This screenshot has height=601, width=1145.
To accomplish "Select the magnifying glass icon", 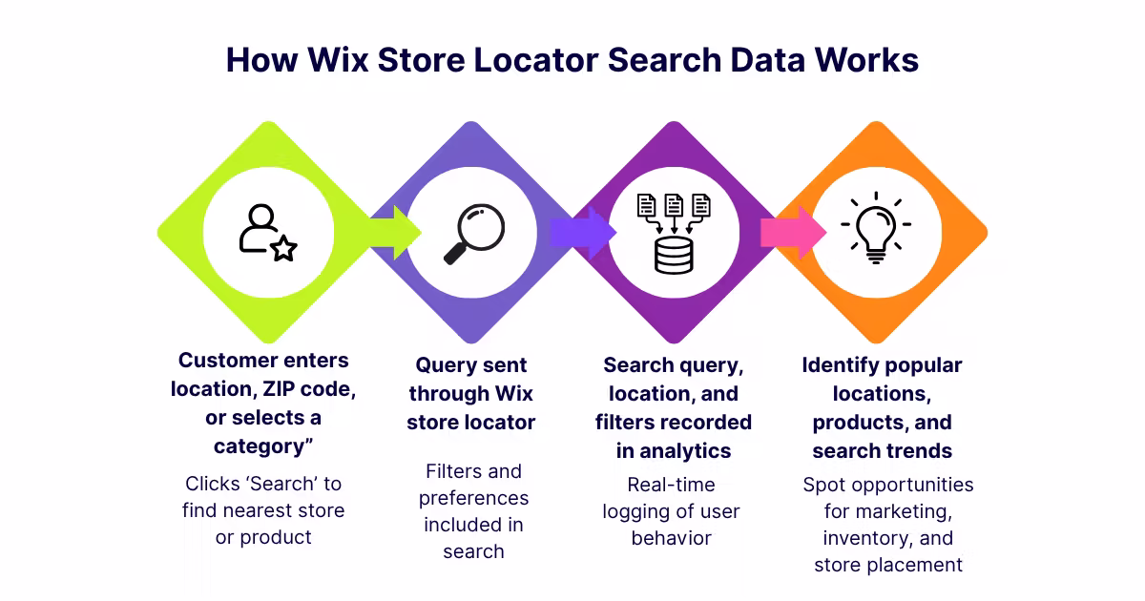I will pyautogui.click(x=473, y=234).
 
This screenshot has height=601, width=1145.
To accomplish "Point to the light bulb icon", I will pyautogui.click(x=875, y=229).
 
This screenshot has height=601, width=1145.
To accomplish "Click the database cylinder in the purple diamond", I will pyautogui.click(x=674, y=255).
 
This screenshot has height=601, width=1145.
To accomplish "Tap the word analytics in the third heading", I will pyautogui.click(x=686, y=451).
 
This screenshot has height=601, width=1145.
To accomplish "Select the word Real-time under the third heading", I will pyautogui.click(x=672, y=485).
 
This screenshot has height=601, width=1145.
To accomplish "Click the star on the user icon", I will pyautogui.click(x=284, y=249).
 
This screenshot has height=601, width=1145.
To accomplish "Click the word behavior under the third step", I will pyautogui.click(x=672, y=538).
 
